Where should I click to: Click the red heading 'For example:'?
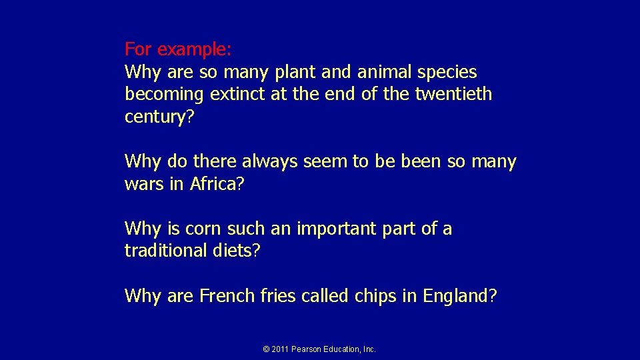(178, 49)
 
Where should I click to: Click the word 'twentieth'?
(453, 94)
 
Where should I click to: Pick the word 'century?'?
(159, 117)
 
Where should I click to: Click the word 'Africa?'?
(217, 184)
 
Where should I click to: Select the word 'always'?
(271, 161)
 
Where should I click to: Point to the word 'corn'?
(204, 229)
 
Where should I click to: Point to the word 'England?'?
(459, 296)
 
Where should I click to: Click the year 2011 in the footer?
(280, 349)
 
